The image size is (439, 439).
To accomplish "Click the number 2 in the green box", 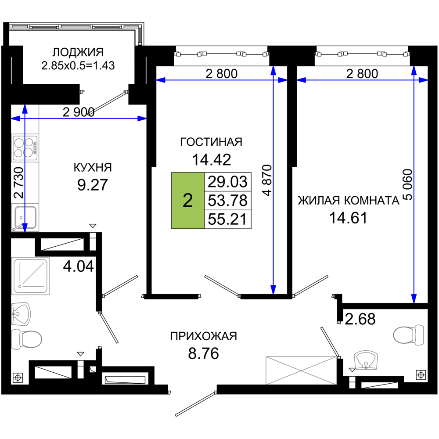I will point(187,201).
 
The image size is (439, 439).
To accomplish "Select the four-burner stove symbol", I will point(25,148).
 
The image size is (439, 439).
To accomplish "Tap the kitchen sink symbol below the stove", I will point(25,216).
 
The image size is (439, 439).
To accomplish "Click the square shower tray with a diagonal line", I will point(31,276).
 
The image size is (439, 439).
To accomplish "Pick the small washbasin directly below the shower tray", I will point(21,314).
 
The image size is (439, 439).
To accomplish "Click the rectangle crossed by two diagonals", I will point(301,370).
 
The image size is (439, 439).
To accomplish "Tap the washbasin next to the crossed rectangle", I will point(366,360).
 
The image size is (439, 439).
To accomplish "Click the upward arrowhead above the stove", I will point(25,110).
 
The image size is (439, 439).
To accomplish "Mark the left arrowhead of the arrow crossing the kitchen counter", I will point(16,119).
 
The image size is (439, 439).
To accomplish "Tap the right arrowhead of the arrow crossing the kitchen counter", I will point(141,119).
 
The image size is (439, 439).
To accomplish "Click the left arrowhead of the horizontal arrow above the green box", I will point(161,80).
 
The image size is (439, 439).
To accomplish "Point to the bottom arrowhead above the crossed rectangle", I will point(273,289).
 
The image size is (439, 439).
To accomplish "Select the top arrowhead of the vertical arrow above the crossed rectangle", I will point(273,71).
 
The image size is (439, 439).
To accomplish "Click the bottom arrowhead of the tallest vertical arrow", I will point(414,298).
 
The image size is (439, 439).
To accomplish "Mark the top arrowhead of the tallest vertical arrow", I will point(414,71).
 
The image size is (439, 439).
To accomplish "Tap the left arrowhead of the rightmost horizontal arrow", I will point(302,80).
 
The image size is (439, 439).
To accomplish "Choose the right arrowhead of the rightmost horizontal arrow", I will point(423,80).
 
